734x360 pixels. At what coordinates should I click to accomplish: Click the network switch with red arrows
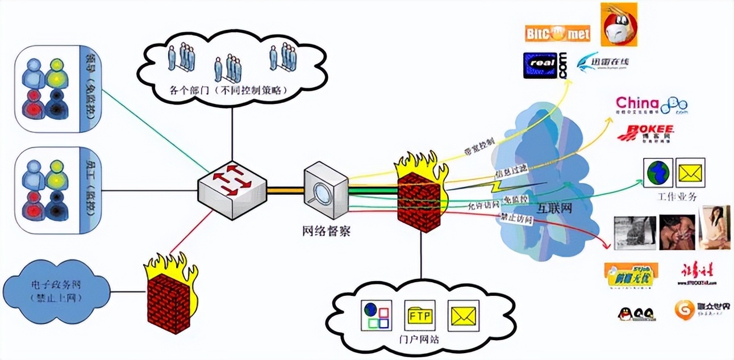coord(231,188)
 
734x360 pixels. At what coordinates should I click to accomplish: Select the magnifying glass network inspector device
coord(326,190)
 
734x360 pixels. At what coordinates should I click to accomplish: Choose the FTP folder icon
coord(420,315)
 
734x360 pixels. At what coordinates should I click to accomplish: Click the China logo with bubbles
coord(651,104)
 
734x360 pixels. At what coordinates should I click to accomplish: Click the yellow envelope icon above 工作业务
coord(690,172)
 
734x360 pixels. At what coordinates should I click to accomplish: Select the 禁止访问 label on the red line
coord(515,217)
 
